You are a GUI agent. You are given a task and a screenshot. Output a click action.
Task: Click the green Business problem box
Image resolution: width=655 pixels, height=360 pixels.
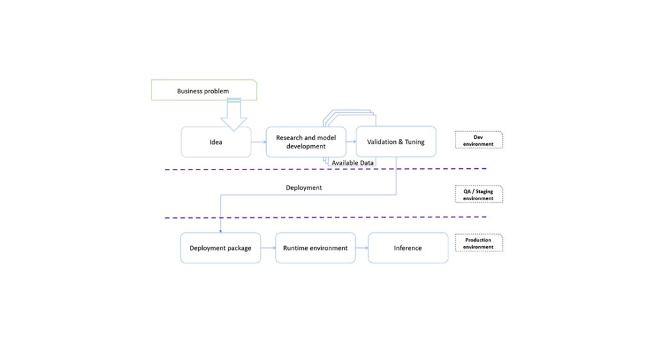click(x=203, y=91)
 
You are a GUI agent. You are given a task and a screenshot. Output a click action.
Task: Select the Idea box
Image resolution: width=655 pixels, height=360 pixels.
click(x=216, y=142)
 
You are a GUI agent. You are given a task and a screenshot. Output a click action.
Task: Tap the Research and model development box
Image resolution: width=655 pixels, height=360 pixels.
click(x=306, y=142)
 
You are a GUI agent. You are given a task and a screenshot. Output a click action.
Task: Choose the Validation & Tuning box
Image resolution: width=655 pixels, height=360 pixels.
click(x=395, y=142)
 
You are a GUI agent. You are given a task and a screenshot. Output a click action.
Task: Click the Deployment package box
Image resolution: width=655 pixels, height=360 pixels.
click(x=220, y=248)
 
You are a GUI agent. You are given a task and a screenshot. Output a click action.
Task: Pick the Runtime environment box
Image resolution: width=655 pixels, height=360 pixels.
click(x=315, y=248)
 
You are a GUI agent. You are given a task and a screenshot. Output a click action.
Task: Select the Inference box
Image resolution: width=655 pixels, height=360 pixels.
click(x=407, y=248)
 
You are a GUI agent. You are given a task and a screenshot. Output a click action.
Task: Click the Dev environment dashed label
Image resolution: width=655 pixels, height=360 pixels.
click(x=478, y=140)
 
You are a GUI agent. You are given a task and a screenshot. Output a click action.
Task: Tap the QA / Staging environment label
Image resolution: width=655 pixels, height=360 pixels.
click(x=478, y=194)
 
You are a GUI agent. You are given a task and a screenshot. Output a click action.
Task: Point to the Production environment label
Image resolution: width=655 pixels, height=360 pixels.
click(x=478, y=243)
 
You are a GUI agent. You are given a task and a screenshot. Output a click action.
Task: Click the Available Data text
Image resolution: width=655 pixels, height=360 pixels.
click(x=352, y=163)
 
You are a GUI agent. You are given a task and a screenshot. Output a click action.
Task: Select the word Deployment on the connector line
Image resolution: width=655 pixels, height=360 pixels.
click(x=303, y=188)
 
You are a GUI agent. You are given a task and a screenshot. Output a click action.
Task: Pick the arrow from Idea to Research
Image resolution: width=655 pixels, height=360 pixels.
click(x=258, y=142)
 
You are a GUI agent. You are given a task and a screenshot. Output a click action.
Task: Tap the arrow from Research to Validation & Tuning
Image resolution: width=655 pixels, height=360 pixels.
click(x=351, y=142)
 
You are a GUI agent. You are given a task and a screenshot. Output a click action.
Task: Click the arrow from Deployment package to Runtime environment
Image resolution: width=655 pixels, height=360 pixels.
click(x=268, y=248)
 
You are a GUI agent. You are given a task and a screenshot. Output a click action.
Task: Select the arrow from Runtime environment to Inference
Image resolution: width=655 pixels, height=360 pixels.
click(x=361, y=248)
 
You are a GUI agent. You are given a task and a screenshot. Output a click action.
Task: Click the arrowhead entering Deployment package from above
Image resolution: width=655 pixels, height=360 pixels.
click(x=221, y=230)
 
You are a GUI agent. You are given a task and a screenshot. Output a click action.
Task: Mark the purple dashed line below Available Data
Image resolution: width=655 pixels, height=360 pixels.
click(x=256, y=169)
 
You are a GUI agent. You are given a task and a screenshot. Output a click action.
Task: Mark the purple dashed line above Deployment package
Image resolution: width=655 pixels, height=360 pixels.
click(x=320, y=217)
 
